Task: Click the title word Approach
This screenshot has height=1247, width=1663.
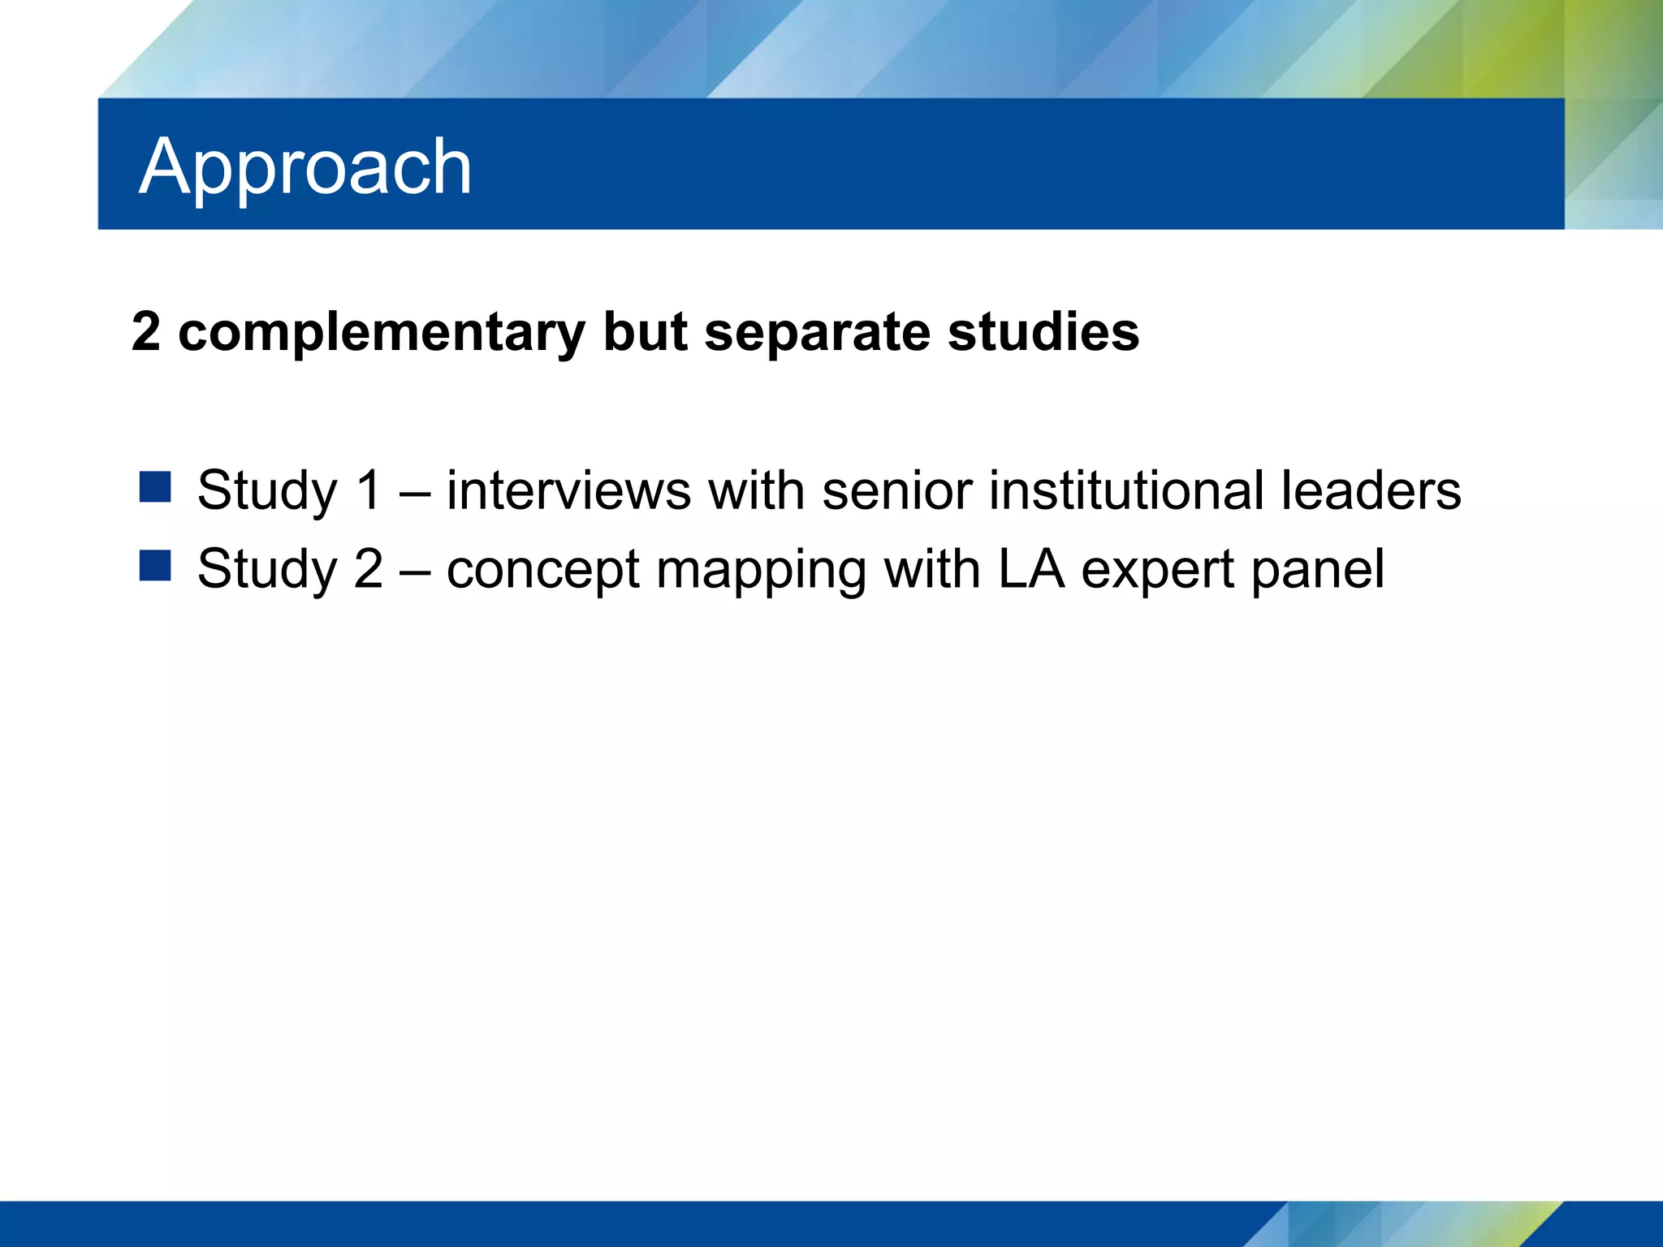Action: click(x=305, y=167)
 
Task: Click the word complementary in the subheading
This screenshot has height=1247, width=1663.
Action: click(x=381, y=333)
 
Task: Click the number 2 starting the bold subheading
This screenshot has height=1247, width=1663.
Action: click(x=146, y=332)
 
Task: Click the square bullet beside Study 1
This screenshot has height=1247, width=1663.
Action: click(x=154, y=487)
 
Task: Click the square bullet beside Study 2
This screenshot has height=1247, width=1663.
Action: click(x=154, y=566)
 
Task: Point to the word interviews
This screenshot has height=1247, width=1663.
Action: click(x=568, y=490)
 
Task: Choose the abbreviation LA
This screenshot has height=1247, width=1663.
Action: click(x=1030, y=568)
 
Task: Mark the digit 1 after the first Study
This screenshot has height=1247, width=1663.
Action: click(x=368, y=490)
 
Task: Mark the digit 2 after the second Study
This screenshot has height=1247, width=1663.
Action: click(x=368, y=569)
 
